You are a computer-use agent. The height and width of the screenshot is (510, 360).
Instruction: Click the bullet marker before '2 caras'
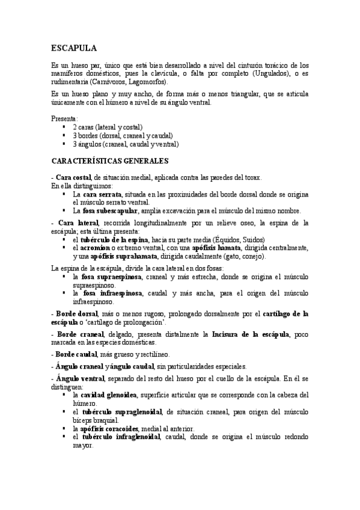pos(64,127)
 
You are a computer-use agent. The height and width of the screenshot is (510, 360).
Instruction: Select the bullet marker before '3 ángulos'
pos(64,144)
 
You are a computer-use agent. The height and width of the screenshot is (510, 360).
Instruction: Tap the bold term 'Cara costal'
pos(73,179)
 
